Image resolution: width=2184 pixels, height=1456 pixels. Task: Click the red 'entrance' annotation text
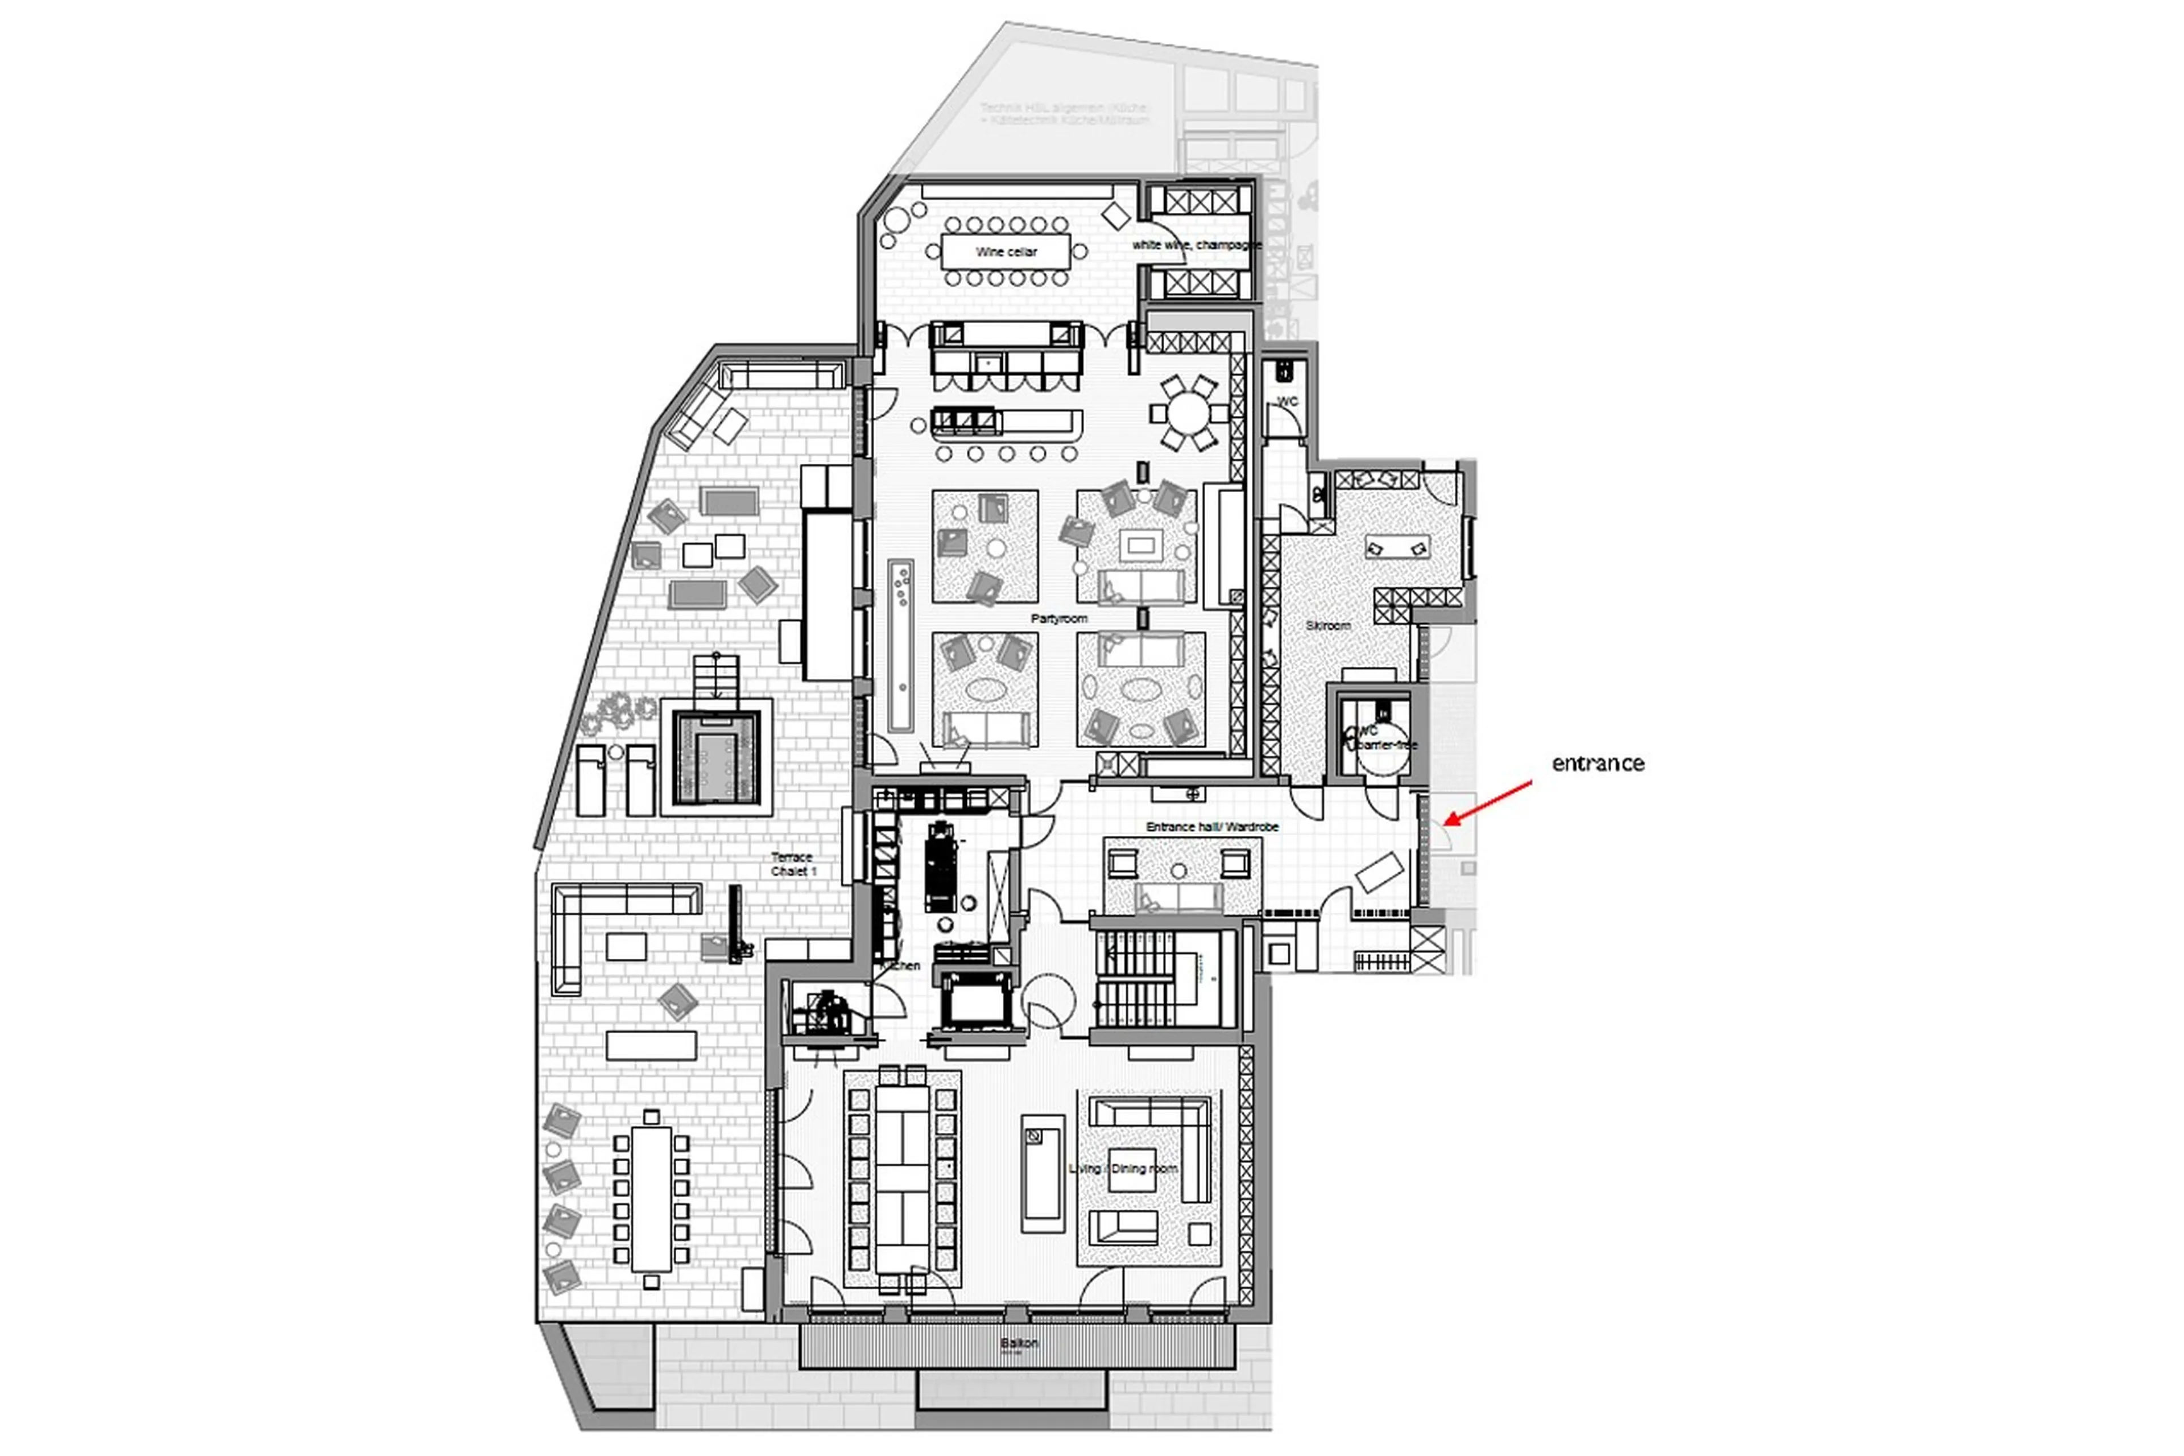pyautogui.click(x=1596, y=764)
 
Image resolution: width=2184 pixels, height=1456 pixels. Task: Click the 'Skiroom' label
pyautogui.click(x=1327, y=626)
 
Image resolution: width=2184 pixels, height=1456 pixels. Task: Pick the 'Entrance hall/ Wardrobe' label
pyautogui.click(x=1211, y=826)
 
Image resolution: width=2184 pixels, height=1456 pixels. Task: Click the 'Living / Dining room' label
pyautogui.click(x=1123, y=1168)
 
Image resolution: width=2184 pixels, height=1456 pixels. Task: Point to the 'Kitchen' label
pyautogui.click(x=899, y=966)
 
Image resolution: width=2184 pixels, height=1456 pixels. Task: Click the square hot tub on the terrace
pyautogui.click(x=715, y=757)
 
